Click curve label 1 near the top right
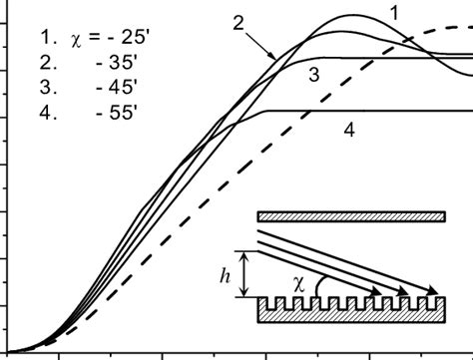click(395, 12)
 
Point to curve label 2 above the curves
click(238, 22)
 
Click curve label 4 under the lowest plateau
click(348, 130)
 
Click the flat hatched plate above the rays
click(349, 216)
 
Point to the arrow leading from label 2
click(267, 45)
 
